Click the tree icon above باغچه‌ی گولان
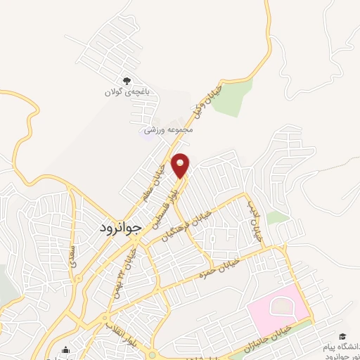[127, 82]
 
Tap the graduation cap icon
[342, 337]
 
